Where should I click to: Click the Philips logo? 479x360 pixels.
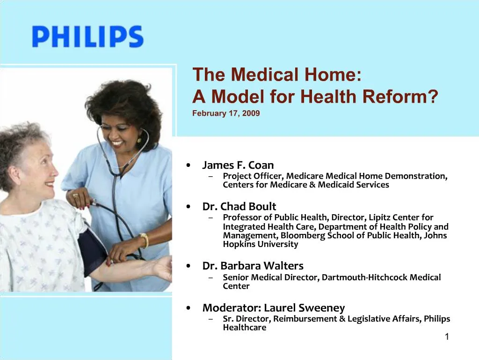[87, 37]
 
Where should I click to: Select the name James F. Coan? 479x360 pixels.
[238, 165]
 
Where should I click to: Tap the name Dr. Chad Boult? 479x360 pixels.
[239, 206]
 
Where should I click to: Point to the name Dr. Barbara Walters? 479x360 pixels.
[253, 266]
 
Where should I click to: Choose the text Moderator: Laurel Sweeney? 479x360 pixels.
[273, 307]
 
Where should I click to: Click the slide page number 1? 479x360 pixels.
[447, 337]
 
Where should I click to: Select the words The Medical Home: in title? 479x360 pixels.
[276, 75]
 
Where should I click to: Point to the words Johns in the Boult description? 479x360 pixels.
[435, 235]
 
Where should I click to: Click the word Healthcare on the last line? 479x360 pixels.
[244, 328]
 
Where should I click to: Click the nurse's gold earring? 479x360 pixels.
[139, 139]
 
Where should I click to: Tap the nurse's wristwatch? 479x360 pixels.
[144, 240]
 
